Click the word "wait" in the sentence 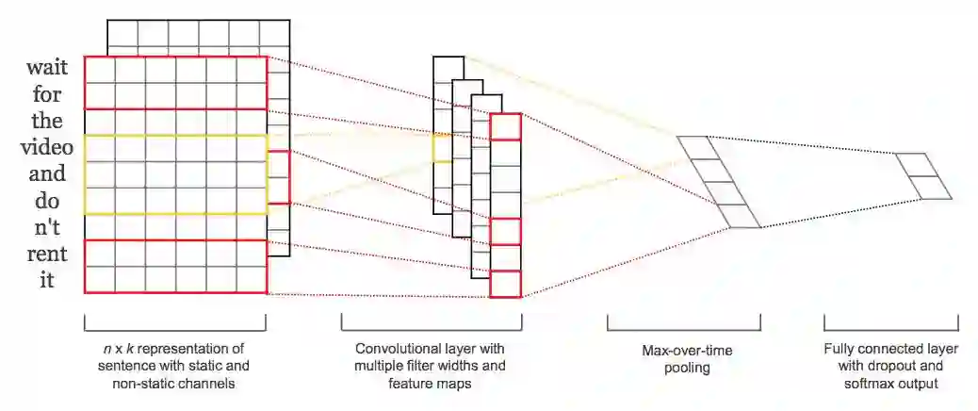46,69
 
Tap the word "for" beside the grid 46,95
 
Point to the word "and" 46,174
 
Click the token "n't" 46,227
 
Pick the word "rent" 46,254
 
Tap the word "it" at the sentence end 46,280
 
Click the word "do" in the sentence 46,201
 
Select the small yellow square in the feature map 442,148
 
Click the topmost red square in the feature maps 505,126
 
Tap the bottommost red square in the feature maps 505,284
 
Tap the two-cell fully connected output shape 923,176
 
